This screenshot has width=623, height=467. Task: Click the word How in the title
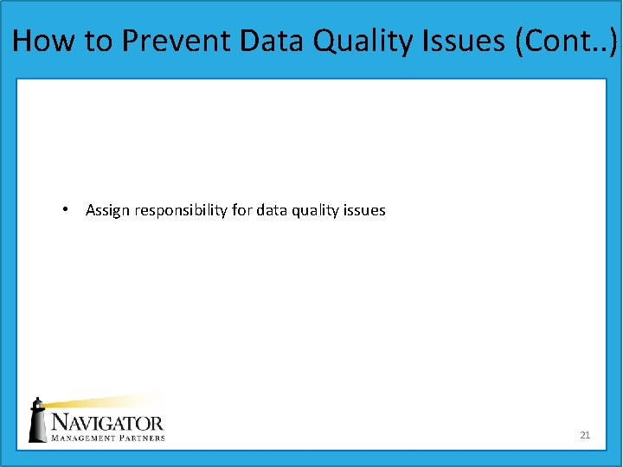41,41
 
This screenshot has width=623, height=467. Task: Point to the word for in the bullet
242,210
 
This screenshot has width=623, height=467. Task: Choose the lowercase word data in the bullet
272,210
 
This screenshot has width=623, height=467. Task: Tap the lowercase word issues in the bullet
365,210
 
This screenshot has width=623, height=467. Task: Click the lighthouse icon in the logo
37,420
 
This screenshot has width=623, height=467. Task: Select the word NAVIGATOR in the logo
106,423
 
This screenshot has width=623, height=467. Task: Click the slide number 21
585,435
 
